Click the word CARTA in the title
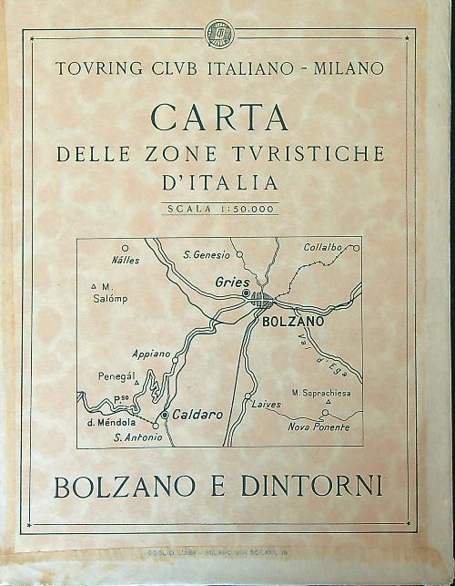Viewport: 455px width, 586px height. point(219,118)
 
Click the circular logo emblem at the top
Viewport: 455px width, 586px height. point(219,34)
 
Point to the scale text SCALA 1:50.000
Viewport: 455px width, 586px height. point(220,209)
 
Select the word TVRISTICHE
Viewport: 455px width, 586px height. point(309,154)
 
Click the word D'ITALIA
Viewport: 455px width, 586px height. point(219,182)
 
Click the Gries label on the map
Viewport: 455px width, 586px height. point(232,283)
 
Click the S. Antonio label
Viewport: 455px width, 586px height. point(139,438)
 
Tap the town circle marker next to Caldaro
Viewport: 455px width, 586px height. point(164,416)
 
